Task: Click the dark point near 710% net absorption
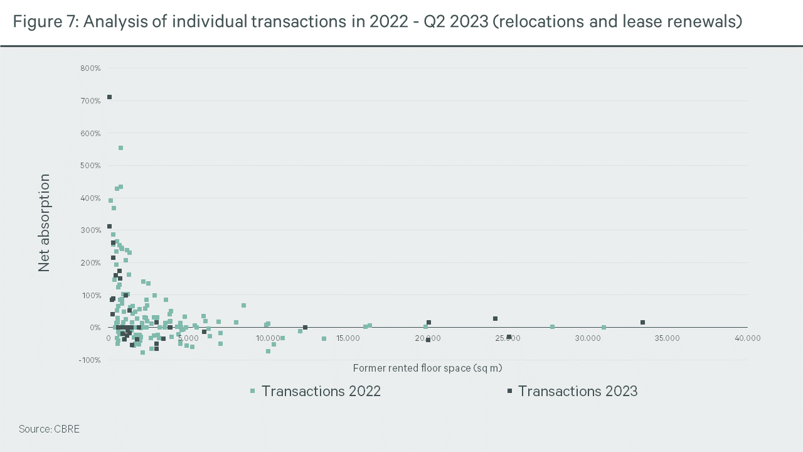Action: [109, 97]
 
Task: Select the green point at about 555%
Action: [121, 148]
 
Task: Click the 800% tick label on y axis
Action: [90, 68]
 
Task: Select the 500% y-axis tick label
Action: [90, 166]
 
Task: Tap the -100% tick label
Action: [90, 360]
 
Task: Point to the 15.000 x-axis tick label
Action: [348, 338]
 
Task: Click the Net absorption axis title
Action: [44, 223]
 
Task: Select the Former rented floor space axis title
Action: [428, 368]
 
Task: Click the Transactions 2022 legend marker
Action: [253, 391]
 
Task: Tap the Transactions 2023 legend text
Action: [577, 391]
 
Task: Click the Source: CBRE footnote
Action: [49, 429]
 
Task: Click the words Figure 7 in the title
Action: [44, 22]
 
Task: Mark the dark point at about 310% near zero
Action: [109, 227]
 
